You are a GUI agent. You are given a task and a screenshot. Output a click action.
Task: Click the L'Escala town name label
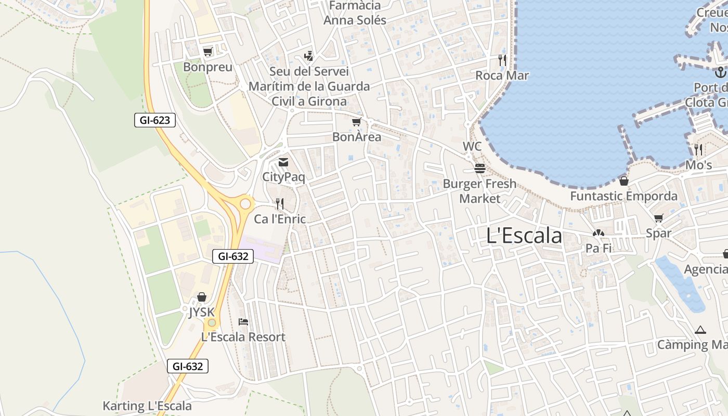point(524,236)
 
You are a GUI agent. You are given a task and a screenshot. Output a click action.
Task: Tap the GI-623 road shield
point(155,121)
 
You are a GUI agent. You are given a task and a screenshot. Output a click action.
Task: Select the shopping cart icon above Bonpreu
point(208,51)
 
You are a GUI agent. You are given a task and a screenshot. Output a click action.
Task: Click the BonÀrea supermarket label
point(357,137)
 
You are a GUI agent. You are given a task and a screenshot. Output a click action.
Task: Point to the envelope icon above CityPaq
point(283,163)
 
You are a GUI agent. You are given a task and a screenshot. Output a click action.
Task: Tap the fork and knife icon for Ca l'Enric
point(280,203)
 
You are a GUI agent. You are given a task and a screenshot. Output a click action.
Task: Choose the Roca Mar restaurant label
point(502,76)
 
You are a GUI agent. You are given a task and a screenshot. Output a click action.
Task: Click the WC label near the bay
point(472,147)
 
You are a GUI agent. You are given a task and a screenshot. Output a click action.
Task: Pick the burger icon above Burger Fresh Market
point(479,168)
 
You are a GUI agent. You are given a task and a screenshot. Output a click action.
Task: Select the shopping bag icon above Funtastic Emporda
point(623,181)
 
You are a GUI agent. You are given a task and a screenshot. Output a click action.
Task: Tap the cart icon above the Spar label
point(659,218)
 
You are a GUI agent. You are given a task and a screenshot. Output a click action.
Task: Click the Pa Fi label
point(599,249)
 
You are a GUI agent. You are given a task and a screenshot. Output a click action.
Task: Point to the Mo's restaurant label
point(698,165)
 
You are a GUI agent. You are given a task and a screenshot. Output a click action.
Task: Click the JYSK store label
point(201,311)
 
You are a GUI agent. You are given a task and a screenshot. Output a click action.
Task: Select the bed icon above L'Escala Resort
point(243,322)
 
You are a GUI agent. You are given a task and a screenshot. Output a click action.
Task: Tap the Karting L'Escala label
point(147,406)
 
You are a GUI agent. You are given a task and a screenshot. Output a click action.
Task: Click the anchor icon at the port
point(720,72)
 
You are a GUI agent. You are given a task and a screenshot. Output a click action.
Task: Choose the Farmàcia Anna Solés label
point(355,13)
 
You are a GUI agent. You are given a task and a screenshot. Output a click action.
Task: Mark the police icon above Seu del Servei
point(308,56)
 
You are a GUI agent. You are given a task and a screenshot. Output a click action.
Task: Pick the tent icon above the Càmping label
point(700,330)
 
